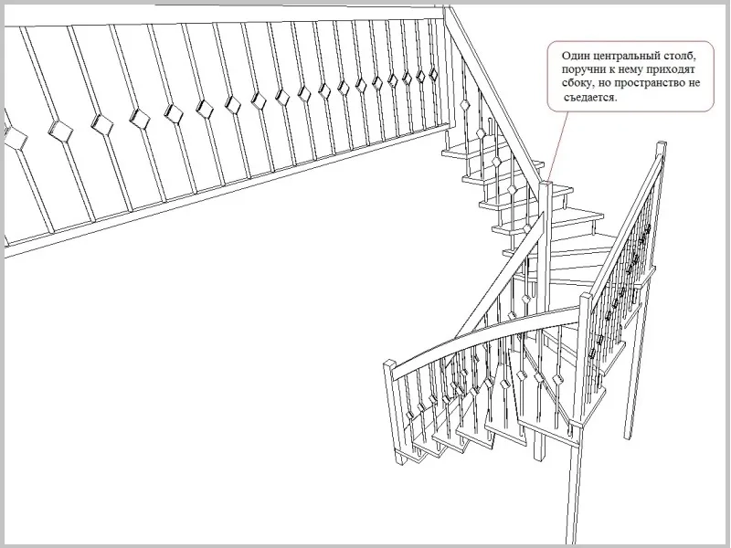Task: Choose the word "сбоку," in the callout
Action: (x=577, y=84)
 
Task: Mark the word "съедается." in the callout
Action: (x=590, y=98)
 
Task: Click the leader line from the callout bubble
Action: (x=558, y=146)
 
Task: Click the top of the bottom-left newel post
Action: (x=390, y=363)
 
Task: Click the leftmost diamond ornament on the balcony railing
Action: (x=16, y=139)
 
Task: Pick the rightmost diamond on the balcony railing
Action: (x=433, y=74)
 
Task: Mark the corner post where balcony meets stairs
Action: (x=446, y=65)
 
